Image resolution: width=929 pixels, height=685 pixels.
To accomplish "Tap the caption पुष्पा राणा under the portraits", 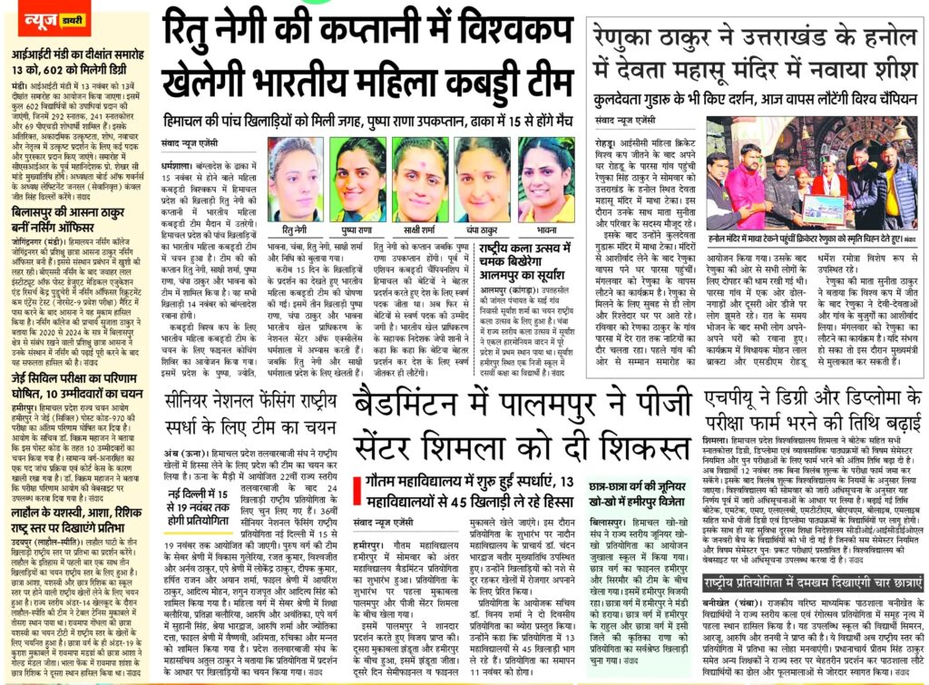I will tap(357, 230).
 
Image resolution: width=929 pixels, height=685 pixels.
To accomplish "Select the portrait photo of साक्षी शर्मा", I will tap(419, 178).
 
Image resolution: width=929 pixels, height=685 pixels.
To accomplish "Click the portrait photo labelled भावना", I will tap(545, 178).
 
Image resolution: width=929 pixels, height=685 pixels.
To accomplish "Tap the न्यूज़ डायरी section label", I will tap(39, 18).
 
